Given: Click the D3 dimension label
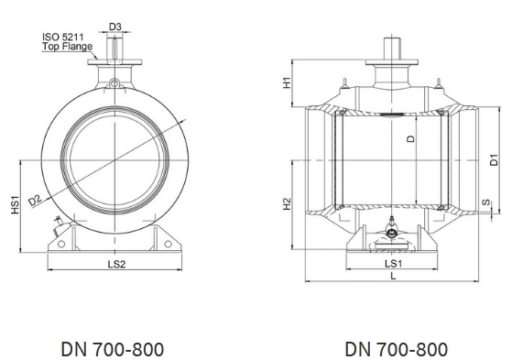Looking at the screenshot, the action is [114, 27].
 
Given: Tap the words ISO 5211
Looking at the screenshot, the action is [62, 37].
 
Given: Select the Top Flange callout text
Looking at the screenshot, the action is [67, 47].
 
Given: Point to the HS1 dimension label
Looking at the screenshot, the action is [16, 205].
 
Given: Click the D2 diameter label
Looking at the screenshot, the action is [35, 201].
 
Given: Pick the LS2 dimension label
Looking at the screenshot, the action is [116, 264].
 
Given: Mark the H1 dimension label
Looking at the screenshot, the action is [287, 82].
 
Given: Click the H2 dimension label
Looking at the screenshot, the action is [287, 204].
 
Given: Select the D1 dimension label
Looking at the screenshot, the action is [495, 159].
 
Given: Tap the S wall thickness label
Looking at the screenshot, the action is [486, 202].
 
